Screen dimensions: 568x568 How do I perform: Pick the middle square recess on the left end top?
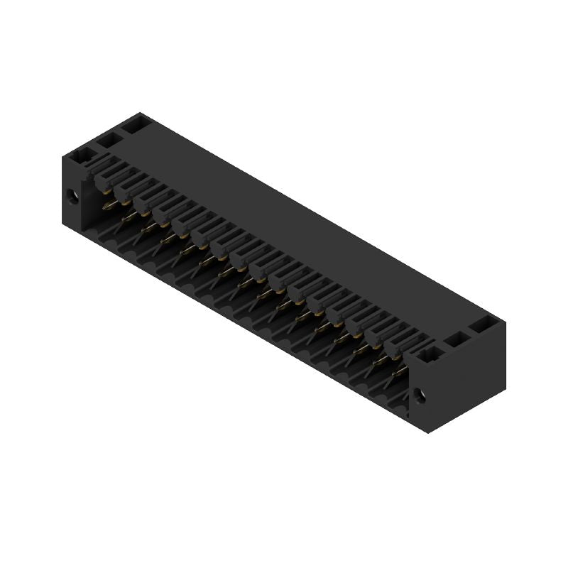click(109, 140)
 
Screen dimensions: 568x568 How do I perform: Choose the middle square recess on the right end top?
click(455, 339)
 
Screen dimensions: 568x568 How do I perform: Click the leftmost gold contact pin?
click(108, 205)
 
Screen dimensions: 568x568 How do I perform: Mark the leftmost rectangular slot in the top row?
click(106, 171)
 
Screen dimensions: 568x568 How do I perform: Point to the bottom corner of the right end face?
click(429, 435)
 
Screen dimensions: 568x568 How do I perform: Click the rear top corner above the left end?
click(139, 112)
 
